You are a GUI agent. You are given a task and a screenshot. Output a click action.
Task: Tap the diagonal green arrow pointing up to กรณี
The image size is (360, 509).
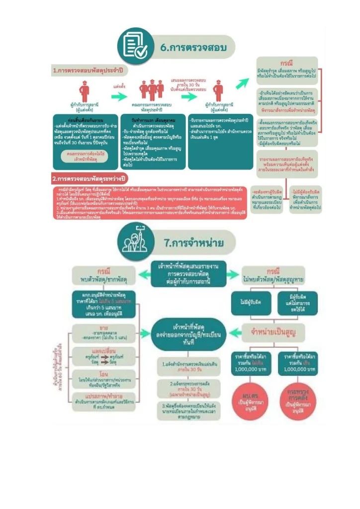242,83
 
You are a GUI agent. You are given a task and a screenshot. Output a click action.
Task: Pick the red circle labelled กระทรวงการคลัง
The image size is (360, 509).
295,400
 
